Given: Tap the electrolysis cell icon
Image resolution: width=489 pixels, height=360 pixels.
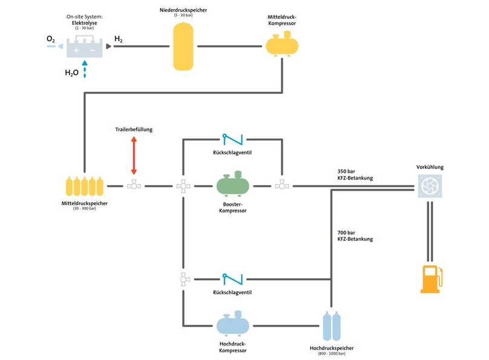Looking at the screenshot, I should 85,47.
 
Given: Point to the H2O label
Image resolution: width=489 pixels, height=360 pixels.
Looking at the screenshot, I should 72,73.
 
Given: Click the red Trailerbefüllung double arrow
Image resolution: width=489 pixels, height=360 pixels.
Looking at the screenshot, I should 134,155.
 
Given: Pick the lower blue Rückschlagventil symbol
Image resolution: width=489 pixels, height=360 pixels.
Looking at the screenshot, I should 232,279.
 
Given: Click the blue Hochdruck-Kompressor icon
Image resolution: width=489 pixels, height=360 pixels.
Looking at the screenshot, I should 233,325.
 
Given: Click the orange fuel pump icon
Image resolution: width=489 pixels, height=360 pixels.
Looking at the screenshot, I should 430,279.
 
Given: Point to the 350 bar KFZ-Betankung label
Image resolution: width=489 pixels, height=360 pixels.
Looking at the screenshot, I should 355,175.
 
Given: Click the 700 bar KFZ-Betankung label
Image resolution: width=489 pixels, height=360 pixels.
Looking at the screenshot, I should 355,235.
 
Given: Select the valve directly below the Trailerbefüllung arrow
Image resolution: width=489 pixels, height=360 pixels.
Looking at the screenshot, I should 134,186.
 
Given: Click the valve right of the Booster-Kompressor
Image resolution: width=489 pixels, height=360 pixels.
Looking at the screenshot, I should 282,186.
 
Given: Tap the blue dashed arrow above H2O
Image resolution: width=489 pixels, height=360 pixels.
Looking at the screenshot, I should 85,71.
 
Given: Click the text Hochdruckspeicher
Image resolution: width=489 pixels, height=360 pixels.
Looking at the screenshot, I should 331,349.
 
